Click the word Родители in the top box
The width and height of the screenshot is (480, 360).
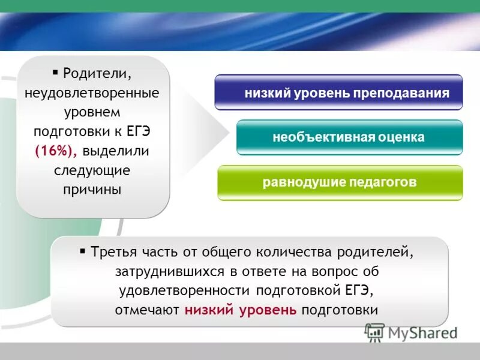coord(97,74)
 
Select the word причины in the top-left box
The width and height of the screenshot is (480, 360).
coord(92,189)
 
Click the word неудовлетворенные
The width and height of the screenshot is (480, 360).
coord(92,93)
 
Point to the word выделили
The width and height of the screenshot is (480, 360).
coord(116,151)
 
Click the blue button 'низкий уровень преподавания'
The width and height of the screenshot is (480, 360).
coord(338,92)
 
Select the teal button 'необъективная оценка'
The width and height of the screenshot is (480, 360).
coord(349,137)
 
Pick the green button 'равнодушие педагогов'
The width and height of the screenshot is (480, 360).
coord(340,182)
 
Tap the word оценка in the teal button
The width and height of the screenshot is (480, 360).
coord(401,137)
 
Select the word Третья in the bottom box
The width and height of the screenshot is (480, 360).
coord(112,251)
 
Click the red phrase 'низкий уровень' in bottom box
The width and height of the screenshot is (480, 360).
coord(241,310)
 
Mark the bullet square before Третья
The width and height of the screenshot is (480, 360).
coord(83,250)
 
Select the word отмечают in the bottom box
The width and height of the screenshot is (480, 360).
coord(148,310)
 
